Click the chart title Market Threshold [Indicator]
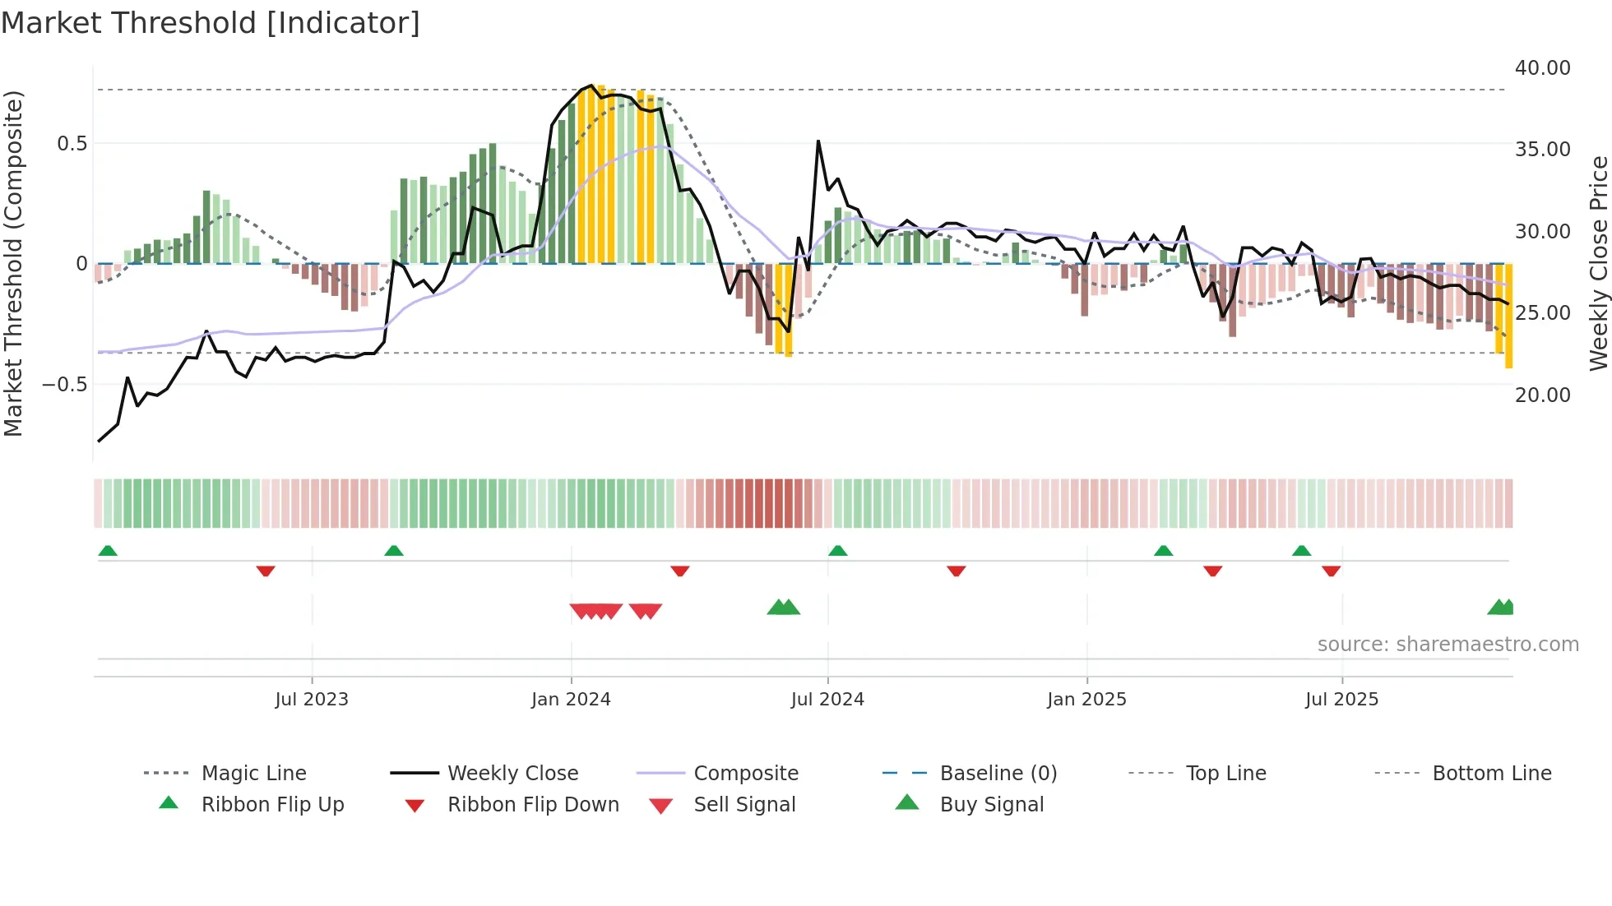(x=211, y=23)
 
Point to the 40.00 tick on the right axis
(x=1542, y=68)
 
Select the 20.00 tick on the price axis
(x=1542, y=395)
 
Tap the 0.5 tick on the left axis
(x=72, y=144)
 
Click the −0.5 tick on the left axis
(x=65, y=385)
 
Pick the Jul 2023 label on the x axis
(x=312, y=700)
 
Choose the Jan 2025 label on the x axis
(x=1086, y=700)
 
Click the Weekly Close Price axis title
(x=1598, y=263)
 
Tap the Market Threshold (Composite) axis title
(x=13, y=263)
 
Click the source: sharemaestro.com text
(x=1448, y=645)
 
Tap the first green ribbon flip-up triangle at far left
(x=108, y=551)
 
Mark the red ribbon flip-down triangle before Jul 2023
(x=265, y=571)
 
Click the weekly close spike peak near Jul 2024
(x=818, y=142)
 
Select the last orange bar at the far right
(x=1508, y=317)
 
